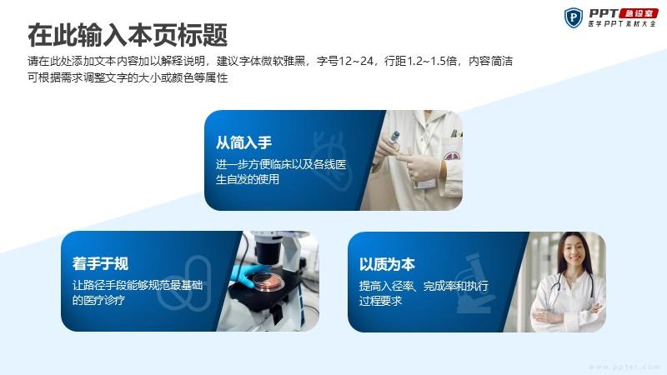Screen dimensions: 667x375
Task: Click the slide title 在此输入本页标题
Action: pyautogui.click(x=128, y=35)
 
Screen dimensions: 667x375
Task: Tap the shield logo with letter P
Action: pyautogui.click(x=573, y=17)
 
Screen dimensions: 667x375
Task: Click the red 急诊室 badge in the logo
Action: pyautogui.click(x=639, y=13)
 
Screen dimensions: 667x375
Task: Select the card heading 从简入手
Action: pyautogui.click(x=243, y=142)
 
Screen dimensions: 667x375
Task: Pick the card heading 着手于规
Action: pyautogui.click(x=100, y=263)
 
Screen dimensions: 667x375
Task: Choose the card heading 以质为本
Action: pyautogui.click(x=387, y=264)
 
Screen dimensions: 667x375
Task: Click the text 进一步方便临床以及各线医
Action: pyautogui.click(x=281, y=164)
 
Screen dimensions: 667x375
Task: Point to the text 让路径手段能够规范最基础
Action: pyautogui.click(x=138, y=285)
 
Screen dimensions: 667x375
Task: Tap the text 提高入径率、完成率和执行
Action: pyautogui.click(x=424, y=286)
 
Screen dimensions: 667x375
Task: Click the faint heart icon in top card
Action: pyautogui.click(x=332, y=159)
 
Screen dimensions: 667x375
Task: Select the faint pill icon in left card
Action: pyautogui.click(x=183, y=282)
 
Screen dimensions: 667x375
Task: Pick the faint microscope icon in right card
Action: pyautogui.click(x=475, y=283)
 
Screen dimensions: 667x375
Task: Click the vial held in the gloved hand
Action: pyautogui.click(x=394, y=137)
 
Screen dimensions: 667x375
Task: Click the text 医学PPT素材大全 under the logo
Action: pyautogui.click(x=622, y=24)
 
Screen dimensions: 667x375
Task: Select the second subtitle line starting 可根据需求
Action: pyautogui.click(x=128, y=77)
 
